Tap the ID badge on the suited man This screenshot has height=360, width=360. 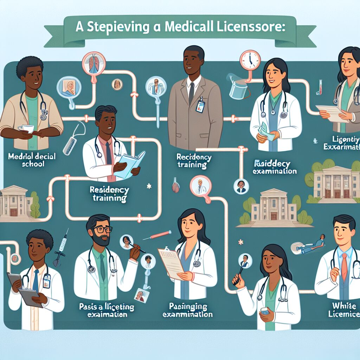coord(200,106)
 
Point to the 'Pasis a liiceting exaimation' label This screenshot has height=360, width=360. coord(107,310)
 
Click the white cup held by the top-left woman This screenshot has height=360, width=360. coord(28,129)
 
